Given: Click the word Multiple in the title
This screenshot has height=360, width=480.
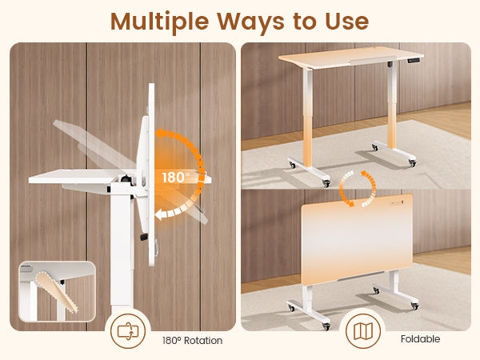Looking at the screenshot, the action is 159,22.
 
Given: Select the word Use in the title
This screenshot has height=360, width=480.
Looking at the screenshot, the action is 347,22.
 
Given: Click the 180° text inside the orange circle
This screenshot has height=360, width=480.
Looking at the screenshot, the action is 176,178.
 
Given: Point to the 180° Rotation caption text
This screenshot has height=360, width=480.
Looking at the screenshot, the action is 192,341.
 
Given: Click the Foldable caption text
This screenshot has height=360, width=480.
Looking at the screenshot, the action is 420,339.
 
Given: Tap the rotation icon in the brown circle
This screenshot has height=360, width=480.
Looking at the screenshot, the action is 128,331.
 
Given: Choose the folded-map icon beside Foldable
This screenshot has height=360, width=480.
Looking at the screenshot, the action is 362,331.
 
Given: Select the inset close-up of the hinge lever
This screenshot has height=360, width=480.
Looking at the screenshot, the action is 58,291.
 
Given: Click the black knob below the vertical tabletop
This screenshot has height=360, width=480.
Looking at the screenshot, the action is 144,237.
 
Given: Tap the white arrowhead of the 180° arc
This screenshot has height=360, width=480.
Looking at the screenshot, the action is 159,215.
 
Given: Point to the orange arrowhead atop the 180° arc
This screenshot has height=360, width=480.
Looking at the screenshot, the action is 160,134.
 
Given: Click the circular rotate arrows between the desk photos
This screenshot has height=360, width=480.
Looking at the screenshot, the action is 358,189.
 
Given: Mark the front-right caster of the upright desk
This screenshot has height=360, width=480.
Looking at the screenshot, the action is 413,163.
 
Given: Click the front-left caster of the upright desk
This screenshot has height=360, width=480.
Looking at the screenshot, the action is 326,183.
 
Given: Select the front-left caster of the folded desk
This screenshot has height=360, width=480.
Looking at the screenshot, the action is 326,326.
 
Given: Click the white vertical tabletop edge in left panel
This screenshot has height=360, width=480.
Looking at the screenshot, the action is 151,174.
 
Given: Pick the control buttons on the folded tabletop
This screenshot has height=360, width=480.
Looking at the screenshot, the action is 397,202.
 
